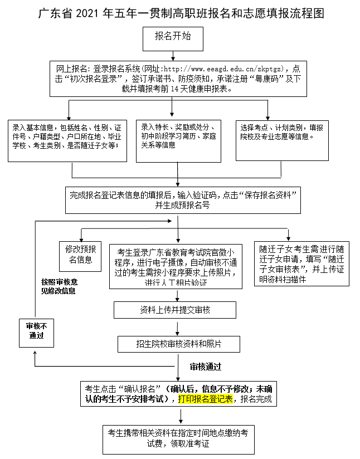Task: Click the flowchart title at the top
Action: point(181,13)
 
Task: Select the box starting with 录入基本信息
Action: point(66,140)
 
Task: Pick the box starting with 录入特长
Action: point(178,140)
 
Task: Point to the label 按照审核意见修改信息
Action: point(59,286)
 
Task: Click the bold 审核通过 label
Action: point(205,367)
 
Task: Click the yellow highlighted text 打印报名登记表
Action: point(205,399)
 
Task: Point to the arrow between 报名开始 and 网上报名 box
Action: point(174,54)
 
